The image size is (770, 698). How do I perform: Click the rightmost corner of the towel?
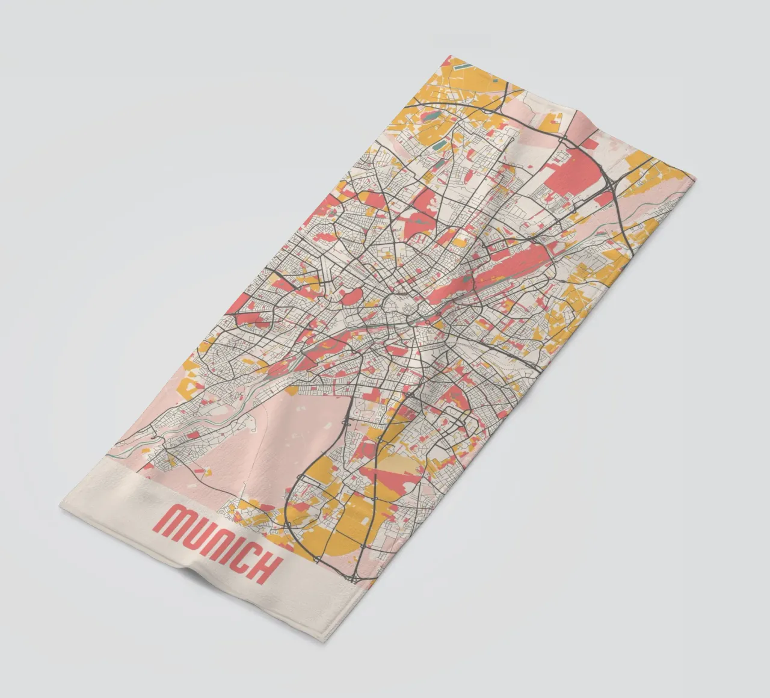[x=695, y=178]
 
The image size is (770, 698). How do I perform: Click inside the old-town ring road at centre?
[x=400, y=307]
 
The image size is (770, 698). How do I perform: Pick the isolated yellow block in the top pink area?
[x=551, y=123]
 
